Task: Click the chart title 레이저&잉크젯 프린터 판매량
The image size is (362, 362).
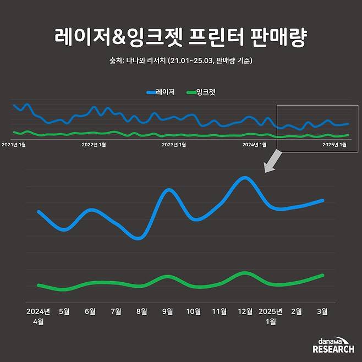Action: coord(180,37)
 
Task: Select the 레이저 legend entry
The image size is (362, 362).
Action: coord(161,92)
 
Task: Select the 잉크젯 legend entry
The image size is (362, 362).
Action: coord(201,92)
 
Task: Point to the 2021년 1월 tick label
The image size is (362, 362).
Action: coord(14,145)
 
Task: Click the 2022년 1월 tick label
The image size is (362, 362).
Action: coord(94,145)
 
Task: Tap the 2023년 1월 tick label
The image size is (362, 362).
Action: coord(173,145)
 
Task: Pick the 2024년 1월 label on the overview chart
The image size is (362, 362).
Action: coord(254,145)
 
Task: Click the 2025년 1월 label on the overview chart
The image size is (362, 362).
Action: coord(334,145)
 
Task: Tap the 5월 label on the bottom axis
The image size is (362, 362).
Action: coord(64,311)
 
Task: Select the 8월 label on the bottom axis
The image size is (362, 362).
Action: coord(142,311)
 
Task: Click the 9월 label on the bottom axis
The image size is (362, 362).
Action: coord(168,311)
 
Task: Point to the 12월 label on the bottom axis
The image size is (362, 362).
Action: coord(244,311)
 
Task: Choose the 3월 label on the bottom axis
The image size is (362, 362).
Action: coord(323,311)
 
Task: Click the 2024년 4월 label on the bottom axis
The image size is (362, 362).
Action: coord(39,316)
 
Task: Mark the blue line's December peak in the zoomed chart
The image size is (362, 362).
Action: coord(245,178)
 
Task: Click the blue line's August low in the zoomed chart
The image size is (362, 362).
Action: coord(138,238)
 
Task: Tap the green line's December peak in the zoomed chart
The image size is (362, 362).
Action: coord(244,273)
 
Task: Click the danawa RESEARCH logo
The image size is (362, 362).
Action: coord(333,345)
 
